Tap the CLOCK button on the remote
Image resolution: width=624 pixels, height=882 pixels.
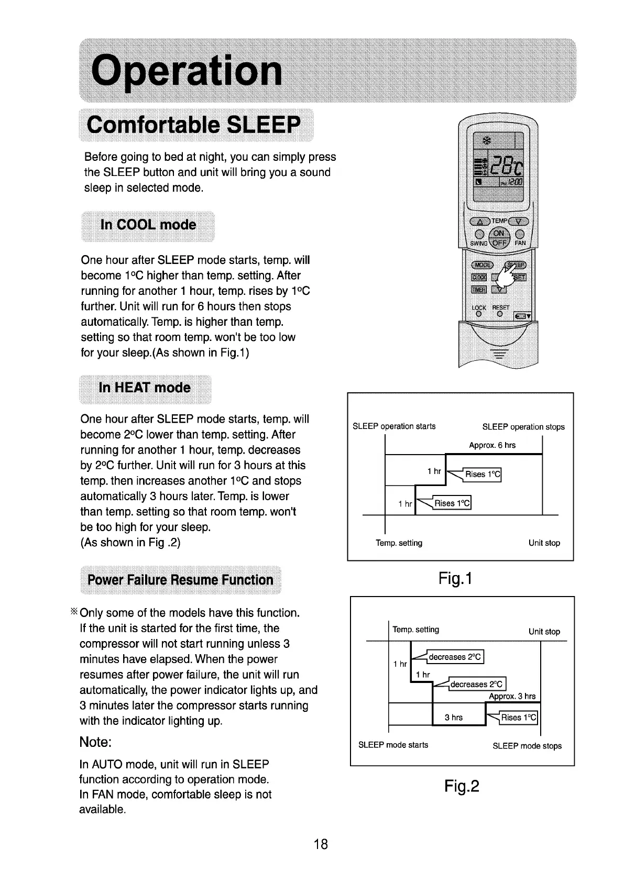[x=479, y=277]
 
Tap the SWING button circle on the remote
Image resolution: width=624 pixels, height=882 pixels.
[x=478, y=234]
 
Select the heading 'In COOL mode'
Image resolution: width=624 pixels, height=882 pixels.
[x=148, y=225]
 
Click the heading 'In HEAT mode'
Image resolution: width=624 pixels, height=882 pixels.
[x=145, y=388]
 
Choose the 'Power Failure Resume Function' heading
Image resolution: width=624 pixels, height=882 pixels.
[x=180, y=580]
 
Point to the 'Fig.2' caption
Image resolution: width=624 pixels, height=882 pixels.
[x=462, y=786]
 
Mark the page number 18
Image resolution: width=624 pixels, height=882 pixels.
[x=320, y=844]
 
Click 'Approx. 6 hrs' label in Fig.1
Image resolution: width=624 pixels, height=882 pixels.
[x=492, y=445]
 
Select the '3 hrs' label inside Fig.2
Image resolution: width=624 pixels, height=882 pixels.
[x=454, y=718]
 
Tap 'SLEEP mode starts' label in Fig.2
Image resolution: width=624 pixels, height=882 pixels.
[x=393, y=745]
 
